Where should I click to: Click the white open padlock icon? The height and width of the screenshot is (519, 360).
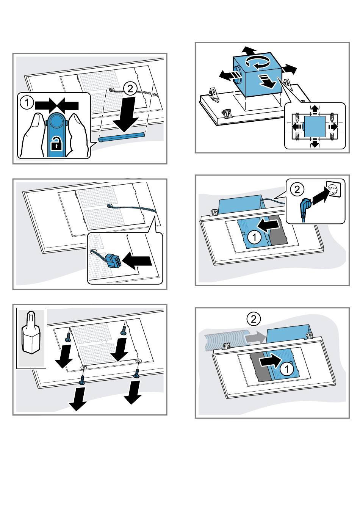click(x=56, y=143)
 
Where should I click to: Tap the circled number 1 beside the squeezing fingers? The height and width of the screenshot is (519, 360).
click(x=27, y=102)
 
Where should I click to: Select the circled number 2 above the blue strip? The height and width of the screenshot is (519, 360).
click(x=130, y=89)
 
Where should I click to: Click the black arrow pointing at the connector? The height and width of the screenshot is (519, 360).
click(x=137, y=261)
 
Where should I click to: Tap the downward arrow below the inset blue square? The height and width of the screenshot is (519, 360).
click(x=315, y=143)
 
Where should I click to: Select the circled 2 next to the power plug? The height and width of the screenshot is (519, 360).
click(x=297, y=190)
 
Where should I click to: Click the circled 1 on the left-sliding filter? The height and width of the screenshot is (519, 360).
click(x=254, y=237)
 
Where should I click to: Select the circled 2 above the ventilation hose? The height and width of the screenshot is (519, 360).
click(x=254, y=319)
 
